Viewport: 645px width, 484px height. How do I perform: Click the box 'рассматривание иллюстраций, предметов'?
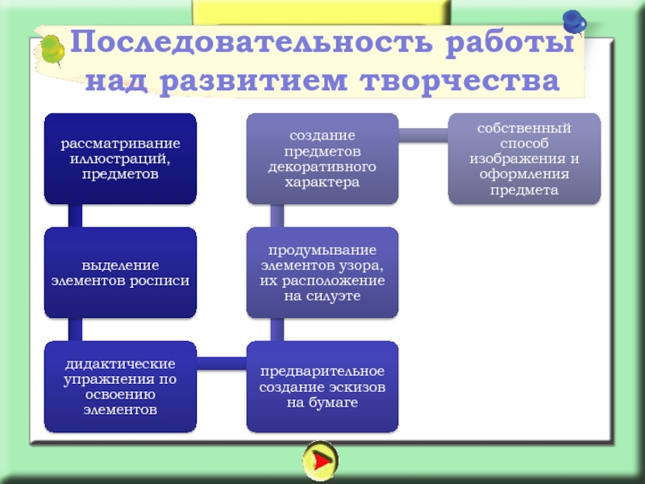[x=120, y=158]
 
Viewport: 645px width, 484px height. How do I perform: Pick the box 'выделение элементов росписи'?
[x=120, y=273]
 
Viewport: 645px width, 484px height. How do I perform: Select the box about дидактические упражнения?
[x=120, y=386]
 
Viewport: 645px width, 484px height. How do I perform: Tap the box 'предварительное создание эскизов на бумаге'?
[x=322, y=386]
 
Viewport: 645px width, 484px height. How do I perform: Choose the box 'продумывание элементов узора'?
[x=322, y=273]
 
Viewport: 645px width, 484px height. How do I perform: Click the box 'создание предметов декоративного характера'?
[x=322, y=158]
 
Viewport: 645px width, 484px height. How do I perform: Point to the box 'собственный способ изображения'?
[x=524, y=158]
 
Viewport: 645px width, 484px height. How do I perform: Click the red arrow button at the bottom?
[x=320, y=461]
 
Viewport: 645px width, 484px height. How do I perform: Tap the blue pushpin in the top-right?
[x=574, y=21]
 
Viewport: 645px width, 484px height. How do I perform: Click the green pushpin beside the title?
[x=52, y=49]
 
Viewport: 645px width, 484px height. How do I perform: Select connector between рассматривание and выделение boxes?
[x=75, y=215]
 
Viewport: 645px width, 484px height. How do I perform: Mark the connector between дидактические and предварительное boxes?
[x=221, y=364]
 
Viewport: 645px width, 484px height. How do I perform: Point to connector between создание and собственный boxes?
[x=423, y=136]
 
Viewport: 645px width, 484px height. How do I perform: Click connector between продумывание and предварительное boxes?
[x=277, y=329]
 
